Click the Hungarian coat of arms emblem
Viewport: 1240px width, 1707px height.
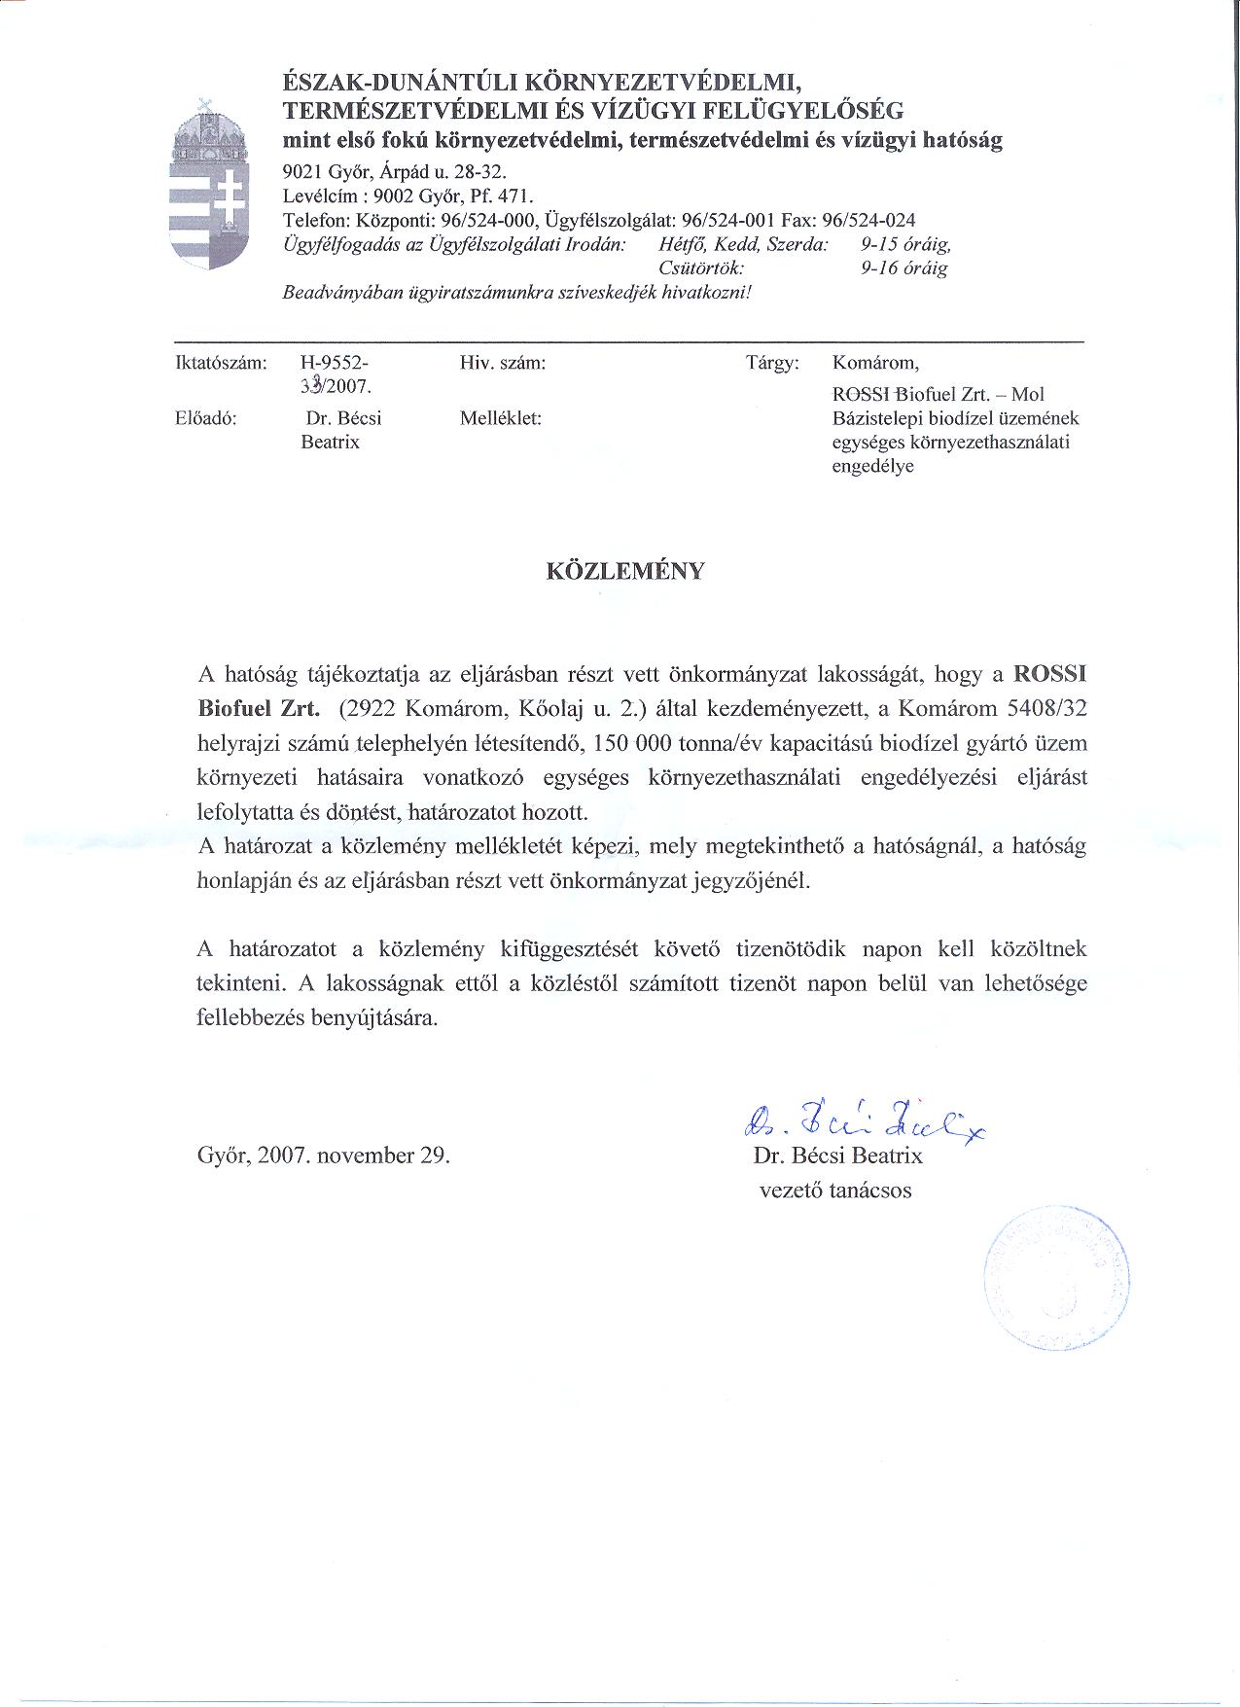(x=208, y=185)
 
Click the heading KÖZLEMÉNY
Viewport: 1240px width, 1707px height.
(x=626, y=571)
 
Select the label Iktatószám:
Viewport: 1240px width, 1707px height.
(x=220, y=363)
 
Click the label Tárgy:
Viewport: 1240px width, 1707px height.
(x=772, y=363)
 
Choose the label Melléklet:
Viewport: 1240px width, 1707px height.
(x=501, y=419)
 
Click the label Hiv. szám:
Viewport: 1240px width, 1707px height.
(x=503, y=363)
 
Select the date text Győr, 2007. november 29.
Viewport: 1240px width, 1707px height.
(x=324, y=1156)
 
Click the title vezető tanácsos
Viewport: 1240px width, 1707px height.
(x=835, y=1190)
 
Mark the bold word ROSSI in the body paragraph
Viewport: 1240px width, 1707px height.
(x=1050, y=673)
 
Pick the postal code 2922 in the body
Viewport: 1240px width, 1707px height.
(x=367, y=708)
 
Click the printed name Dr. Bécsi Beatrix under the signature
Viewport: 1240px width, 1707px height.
(x=837, y=1156)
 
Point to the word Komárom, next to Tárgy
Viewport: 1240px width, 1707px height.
(x=875, y=363)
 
